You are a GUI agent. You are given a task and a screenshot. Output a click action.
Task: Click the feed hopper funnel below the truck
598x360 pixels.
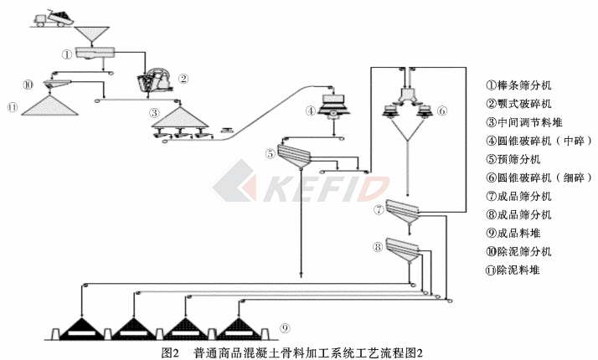[x=94, y=34]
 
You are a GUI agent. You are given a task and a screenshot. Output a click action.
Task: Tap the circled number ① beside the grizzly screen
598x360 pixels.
[x=67, y=54]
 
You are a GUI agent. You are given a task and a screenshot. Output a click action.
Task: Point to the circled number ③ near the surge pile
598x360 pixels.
[x=153, y=113]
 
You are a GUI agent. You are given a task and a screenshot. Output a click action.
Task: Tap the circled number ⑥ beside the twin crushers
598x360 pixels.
[x=443, y=111]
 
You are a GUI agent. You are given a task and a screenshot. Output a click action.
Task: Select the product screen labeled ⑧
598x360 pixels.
[x=402, y=248]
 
